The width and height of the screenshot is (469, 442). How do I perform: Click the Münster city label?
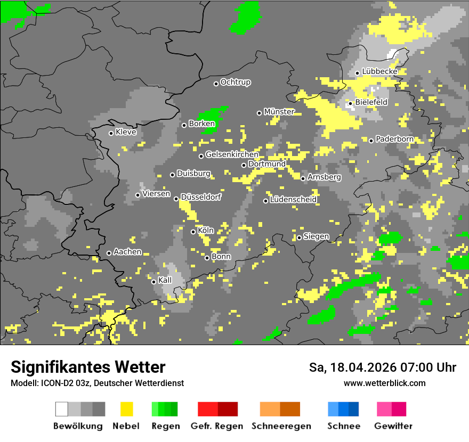pyautogui.click(x=279, y=112)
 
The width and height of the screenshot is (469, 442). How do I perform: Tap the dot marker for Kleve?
pyautogui.click(x=111, y=133)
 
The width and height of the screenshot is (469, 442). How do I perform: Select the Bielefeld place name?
pyautogui.click(x=371, y=102)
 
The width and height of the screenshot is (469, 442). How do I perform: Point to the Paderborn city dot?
pyautogui.click(x=371, y=141)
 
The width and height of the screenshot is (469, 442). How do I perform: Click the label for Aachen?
pyautogui.click(x=127, y=252)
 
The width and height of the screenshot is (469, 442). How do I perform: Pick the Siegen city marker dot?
pyautogui.click(x=299, y=238)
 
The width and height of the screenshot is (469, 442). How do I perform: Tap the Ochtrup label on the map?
pyautogui.click(x=236, y=83)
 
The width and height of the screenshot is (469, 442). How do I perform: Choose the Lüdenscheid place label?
pyautogui.click(x=293, y=200)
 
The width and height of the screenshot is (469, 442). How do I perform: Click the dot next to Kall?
pyautogui.click(x=153, y=282)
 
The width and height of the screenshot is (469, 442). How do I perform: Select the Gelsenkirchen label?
pyautogui.click(x=232, y=155)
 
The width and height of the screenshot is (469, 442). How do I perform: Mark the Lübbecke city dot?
pyautogui.click(x=357, y=73)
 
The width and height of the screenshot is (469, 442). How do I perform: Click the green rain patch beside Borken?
pyautogui.click(x=213, y=115)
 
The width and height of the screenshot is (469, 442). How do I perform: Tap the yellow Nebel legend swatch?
pyautogui.click(x=126, y=409)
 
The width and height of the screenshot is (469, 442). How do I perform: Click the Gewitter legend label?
pyautogui.click(x=393, y=426)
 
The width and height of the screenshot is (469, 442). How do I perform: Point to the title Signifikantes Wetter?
pyautogui.click(x=88, y=367)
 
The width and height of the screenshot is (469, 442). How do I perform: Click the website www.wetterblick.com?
pyautogui.click(x=385, y=383)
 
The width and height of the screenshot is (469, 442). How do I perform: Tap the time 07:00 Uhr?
pyautogui.click(x=427, y=367)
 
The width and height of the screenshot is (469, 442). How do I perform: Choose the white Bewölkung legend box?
pyautogui.click(x=62, y=409)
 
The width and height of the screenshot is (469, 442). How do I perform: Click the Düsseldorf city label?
pyautogui.click(x=201, y=197)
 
